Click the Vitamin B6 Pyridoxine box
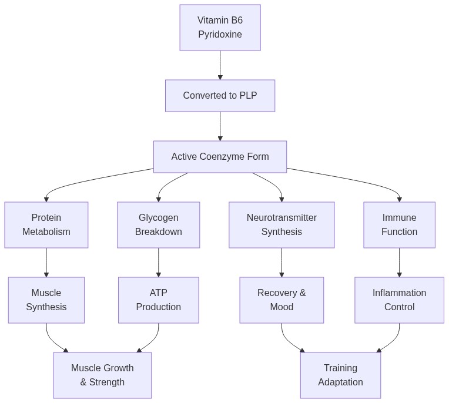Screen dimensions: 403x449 coord(220,28)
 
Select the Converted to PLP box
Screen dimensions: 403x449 coord(220,96)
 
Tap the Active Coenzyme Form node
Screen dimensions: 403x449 coord(220,157)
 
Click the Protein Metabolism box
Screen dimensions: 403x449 coord(46,225)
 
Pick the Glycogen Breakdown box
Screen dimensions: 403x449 coord(158,225)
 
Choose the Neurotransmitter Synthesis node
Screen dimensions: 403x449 coord(282,225)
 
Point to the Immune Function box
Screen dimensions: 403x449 coord(399,225)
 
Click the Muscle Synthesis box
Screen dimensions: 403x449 coord(46,300)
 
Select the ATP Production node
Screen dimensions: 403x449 coord(158,300)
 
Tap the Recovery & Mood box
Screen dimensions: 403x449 coord(282,300)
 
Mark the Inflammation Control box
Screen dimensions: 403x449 coord(399,300)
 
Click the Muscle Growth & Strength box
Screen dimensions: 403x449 coord(102,375)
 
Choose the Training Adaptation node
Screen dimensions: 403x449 coord(340,375)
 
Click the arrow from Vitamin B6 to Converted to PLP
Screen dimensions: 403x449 coord(220,65)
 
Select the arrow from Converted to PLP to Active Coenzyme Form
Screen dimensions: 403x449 coord(220,126)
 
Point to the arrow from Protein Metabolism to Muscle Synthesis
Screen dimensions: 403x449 coord(46,263)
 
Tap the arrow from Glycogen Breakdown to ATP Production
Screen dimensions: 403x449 coord(159,263)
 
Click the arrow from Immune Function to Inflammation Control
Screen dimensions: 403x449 coord(400,263)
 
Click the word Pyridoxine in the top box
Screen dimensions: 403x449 coord(220,35)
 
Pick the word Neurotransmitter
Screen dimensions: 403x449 coord(282,218)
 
